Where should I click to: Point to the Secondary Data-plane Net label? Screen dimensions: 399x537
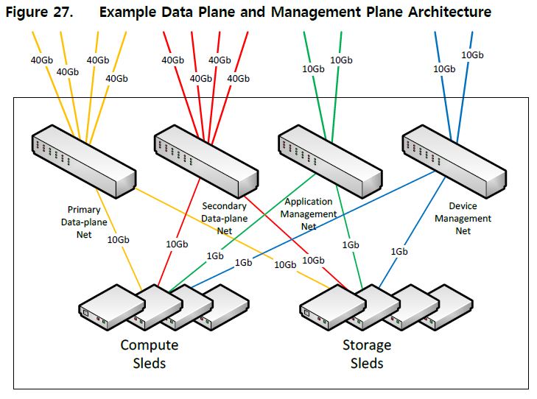pos(224,218)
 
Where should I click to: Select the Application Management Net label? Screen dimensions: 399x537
pos(309,213)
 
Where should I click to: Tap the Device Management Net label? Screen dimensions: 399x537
pos(463,219)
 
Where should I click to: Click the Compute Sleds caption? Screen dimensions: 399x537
pos(150,353)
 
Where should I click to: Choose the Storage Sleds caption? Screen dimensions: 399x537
pos(366,353)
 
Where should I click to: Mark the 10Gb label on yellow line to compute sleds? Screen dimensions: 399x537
pos(118,239)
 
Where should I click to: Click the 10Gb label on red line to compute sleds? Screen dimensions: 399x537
pos(177,244)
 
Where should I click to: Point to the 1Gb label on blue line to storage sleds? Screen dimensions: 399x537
pos(399,252)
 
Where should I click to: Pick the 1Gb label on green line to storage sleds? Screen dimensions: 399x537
pos(351,244)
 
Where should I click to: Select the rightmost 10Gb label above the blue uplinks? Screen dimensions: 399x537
pos(472,54)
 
